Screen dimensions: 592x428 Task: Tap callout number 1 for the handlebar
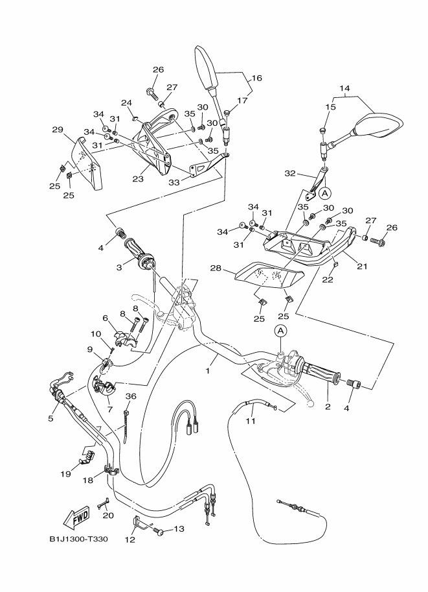coord(207,371)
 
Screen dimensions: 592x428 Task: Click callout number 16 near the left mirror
coord(257,78)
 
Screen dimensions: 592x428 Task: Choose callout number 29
coord(58,130)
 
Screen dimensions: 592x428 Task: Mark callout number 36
coord(130,396)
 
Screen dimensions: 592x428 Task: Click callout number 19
coord(65,474)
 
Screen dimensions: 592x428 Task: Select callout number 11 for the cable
coord(251,421)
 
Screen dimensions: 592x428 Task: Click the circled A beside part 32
coord(325,193)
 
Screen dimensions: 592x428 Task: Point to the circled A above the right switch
coord(280,331)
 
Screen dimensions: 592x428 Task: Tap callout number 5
coord(51,418)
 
